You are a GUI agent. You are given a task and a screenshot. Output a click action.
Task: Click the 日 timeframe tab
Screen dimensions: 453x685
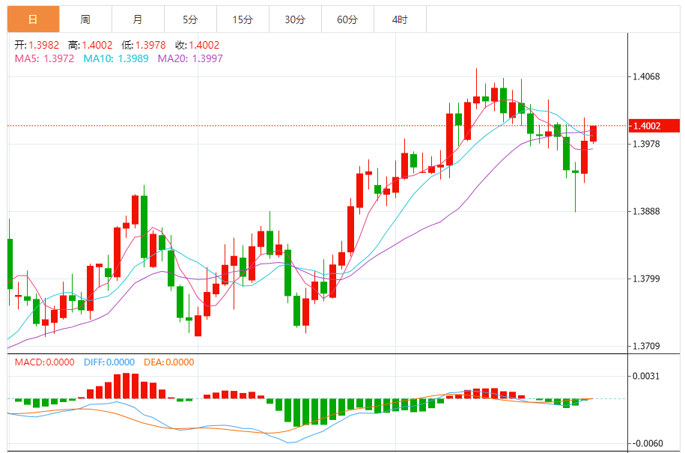coord(33,19)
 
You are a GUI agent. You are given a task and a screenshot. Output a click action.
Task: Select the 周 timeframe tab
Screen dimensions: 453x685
coord(85,19)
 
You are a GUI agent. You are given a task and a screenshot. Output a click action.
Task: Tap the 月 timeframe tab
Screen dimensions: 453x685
coord(138,19)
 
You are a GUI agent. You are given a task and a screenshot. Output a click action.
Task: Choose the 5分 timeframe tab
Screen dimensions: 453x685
coord(190,19)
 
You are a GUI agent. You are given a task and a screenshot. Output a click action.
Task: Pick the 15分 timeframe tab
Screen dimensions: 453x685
coord(243,19)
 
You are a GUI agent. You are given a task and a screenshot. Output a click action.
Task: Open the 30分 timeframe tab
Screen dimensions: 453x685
coord(295,19)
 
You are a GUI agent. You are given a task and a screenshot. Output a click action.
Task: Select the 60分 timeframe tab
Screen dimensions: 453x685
coord(347,19)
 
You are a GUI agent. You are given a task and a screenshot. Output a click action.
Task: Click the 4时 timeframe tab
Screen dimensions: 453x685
coord(400,19)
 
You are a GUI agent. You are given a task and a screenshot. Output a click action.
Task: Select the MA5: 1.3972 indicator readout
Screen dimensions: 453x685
coord(44,58)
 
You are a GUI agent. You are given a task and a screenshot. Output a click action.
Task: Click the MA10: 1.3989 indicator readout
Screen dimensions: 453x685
coord(115,58)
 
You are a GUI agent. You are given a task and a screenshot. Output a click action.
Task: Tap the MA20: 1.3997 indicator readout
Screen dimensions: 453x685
coord(189,58)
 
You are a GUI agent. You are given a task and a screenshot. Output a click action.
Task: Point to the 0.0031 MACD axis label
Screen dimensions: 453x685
coord(648,376)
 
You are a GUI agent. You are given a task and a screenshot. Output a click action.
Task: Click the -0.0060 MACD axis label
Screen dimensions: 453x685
coord(648,443)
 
